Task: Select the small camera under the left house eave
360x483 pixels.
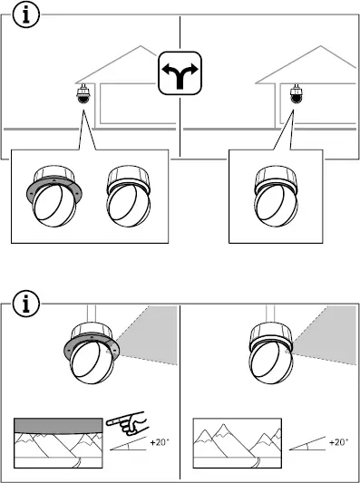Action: [83, 97]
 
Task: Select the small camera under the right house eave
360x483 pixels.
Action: [295, 97]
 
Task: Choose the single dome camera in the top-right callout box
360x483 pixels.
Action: [275, 198]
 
